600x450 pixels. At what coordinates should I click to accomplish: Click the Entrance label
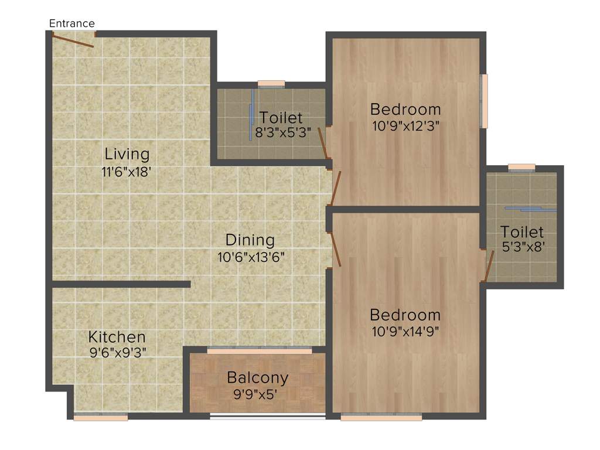(x=71, y=23)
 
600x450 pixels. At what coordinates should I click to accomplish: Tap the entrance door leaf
(x=72, y=40)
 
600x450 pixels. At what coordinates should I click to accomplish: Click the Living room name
(x=127, y=155)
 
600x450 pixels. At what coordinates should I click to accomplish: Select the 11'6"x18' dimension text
(x=127, y=172)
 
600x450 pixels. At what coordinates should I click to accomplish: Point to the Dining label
(x=250, y=240)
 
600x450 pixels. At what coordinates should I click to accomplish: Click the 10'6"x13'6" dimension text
(x=250, y=257)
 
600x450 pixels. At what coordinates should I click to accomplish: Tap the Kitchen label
(x=117, y=337)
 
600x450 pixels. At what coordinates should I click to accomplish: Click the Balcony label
(x=258, y=377)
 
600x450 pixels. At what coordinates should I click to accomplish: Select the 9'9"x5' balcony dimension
(x=258, y=394)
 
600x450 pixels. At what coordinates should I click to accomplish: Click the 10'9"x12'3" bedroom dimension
(x=405, y=125)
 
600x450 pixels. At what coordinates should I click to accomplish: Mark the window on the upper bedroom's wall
(x=484, y=100)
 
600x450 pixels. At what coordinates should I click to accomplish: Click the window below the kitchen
(x=101, y=417)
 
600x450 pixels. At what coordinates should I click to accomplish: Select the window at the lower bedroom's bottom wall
(x=381, y=417)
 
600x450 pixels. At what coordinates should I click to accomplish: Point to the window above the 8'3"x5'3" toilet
(x=271, y=84)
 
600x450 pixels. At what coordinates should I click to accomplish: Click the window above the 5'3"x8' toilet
(x=521, y=168)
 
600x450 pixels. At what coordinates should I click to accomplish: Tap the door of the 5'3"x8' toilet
(x=489, y=265)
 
